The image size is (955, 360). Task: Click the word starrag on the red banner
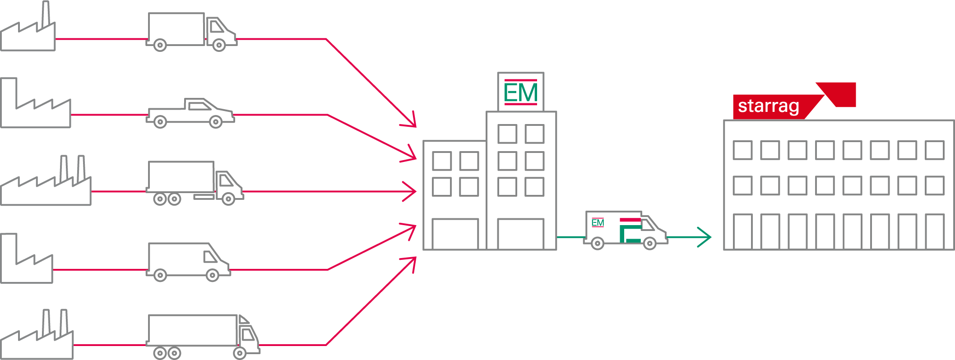(768, 106)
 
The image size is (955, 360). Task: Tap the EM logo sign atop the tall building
(520, 92)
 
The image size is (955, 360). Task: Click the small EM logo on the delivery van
(598, 222)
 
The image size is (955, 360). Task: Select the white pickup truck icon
(190, 113)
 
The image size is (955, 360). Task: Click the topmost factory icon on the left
(28, 32)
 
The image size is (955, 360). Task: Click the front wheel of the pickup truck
(216, 121)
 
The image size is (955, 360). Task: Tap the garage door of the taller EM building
(520, 233)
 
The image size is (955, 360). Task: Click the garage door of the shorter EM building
(455, 233)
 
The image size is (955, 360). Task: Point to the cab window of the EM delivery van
(648, 224)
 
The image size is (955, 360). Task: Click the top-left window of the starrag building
(742, 150)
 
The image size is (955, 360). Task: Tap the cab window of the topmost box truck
(217, 27)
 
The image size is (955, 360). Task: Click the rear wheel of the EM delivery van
(597, 244)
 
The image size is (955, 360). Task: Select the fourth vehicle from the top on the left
(187, 262)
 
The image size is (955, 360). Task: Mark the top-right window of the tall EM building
(534, 134)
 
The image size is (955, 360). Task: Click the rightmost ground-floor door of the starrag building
(934, 231)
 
